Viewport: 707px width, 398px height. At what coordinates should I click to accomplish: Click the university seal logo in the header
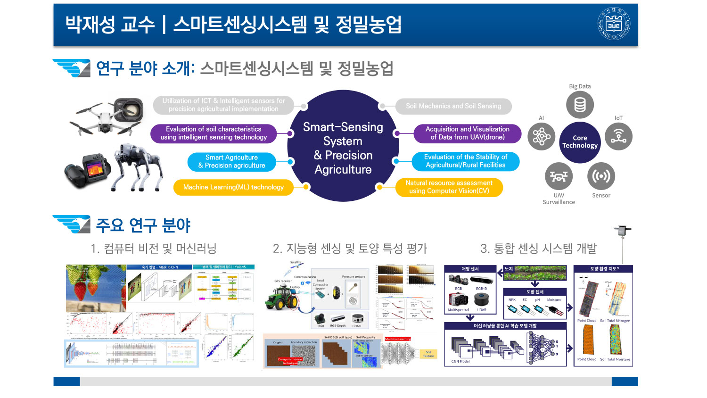(614, 24)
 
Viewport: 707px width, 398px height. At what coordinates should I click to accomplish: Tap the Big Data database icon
(580, 105)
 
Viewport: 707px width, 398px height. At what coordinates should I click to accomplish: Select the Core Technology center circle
(580, 142)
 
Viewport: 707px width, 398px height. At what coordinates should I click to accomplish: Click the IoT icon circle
(618, 136)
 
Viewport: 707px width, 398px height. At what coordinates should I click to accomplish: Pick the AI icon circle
(541, 137)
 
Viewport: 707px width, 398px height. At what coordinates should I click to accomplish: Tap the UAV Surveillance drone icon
(559, 176)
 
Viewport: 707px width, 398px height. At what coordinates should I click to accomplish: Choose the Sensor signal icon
(601, 176)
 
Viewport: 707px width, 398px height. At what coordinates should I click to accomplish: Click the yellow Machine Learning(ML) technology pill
(233, 187)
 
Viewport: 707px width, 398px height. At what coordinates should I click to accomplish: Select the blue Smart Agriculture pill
(231, 161)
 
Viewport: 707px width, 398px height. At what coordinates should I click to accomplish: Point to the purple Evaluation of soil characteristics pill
(214, 133)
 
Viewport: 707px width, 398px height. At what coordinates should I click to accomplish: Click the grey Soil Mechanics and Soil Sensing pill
(453, 106)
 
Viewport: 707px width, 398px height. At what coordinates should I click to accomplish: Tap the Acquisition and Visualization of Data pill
(467, 133)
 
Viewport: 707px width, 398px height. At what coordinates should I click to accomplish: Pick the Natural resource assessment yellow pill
(449, 187)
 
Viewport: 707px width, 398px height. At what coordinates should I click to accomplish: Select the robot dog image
(137, 167)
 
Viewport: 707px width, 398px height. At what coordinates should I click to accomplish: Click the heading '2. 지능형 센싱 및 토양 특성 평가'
(350, 249)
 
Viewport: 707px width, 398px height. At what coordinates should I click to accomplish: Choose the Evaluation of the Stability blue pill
(465, 161)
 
